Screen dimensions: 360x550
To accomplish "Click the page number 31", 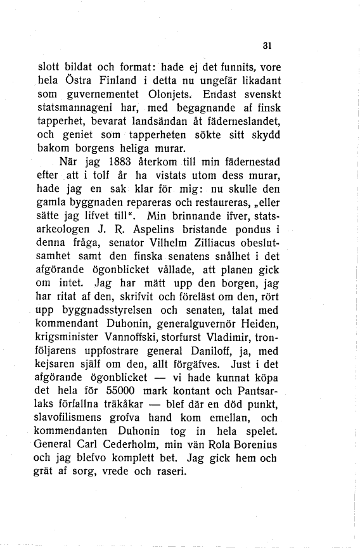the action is [x=266, y=46].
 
